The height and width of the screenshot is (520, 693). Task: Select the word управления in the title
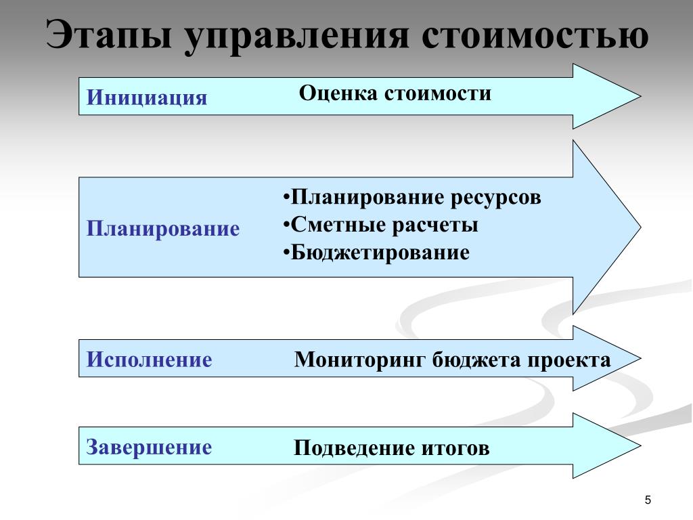click(x=297, y=35)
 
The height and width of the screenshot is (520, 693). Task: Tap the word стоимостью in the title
click(x=535, y=35)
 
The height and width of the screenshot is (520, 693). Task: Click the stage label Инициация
click(x=147, y=97)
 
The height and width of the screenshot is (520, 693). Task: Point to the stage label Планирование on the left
click(x=163, y=228)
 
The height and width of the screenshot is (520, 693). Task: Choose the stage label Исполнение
click(x=150, y=360)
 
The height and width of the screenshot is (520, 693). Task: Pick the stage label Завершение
click(x=150, y=447)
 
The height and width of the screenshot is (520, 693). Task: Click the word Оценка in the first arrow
click(x=338, y=93)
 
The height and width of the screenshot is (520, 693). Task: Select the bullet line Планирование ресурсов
click(x=413, y=198)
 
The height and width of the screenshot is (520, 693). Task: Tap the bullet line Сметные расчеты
click(x=381, y=225)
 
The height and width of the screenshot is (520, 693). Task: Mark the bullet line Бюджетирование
click(x=377, y=253)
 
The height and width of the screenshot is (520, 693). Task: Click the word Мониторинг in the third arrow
click(x=359, y=360)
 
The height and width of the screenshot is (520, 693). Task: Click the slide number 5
click(x=648, y=500)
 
